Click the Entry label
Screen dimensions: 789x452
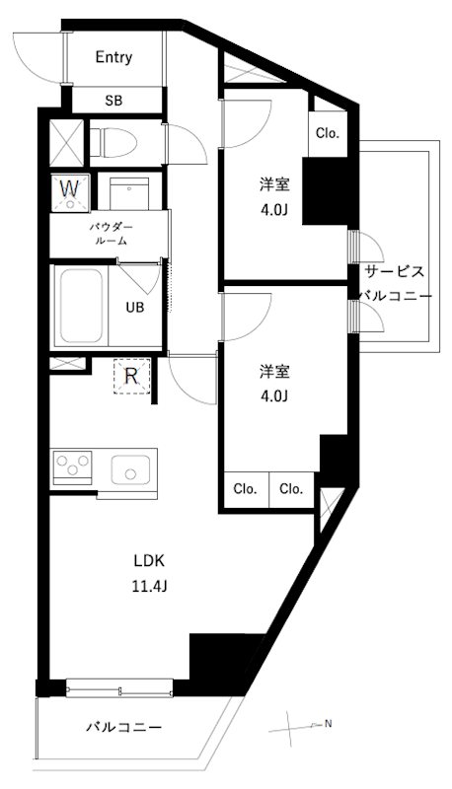(x=113, y=57)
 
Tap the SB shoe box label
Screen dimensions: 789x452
(x=113, y=100)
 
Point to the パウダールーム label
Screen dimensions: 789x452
(x=112, y=233)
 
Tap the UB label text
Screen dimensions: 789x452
(x=135, y=307)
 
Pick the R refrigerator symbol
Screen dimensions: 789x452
(x=130, y=375)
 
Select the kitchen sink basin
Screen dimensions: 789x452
(x=129, y=469)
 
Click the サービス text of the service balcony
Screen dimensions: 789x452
(x=395, y=272)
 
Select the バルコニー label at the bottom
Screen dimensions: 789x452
(x=123, y=728)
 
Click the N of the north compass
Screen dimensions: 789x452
(x=329, y=725)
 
